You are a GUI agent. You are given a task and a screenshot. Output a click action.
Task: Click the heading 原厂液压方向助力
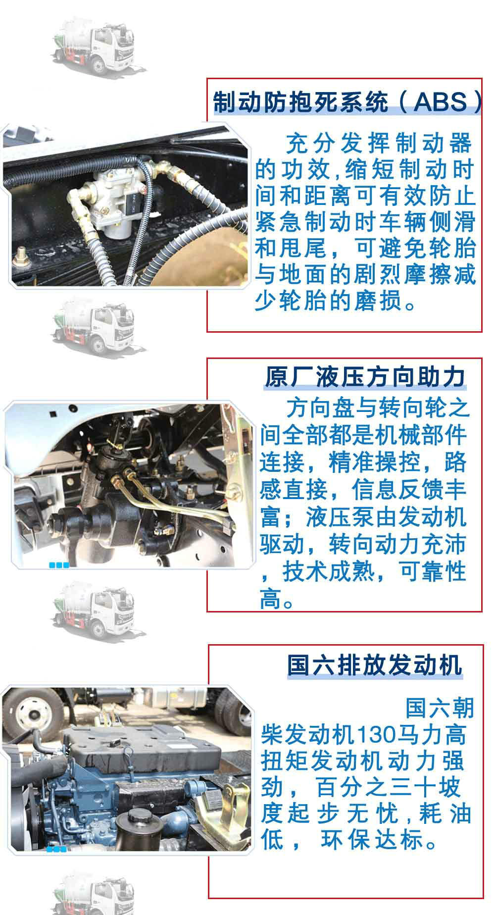tap(365, 377)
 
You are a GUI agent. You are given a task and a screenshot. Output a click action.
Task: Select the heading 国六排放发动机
tap(375, 665)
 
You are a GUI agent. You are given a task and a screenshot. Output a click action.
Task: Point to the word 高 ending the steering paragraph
tap(271, 600)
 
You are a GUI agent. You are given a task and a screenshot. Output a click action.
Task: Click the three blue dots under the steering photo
tap(59, 565)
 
